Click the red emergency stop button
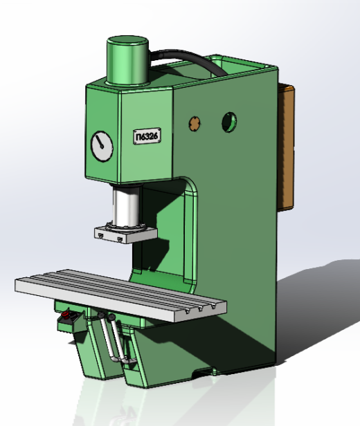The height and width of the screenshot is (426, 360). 65,315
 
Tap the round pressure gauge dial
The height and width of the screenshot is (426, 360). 102,146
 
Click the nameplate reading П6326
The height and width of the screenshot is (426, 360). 147,136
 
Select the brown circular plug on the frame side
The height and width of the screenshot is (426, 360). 195,124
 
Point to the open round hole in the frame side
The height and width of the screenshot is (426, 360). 229,122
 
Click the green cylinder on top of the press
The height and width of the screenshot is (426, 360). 127,60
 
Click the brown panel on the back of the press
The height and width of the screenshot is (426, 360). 286,147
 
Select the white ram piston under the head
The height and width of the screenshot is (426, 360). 127,207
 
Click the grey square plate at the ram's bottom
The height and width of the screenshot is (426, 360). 126,234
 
